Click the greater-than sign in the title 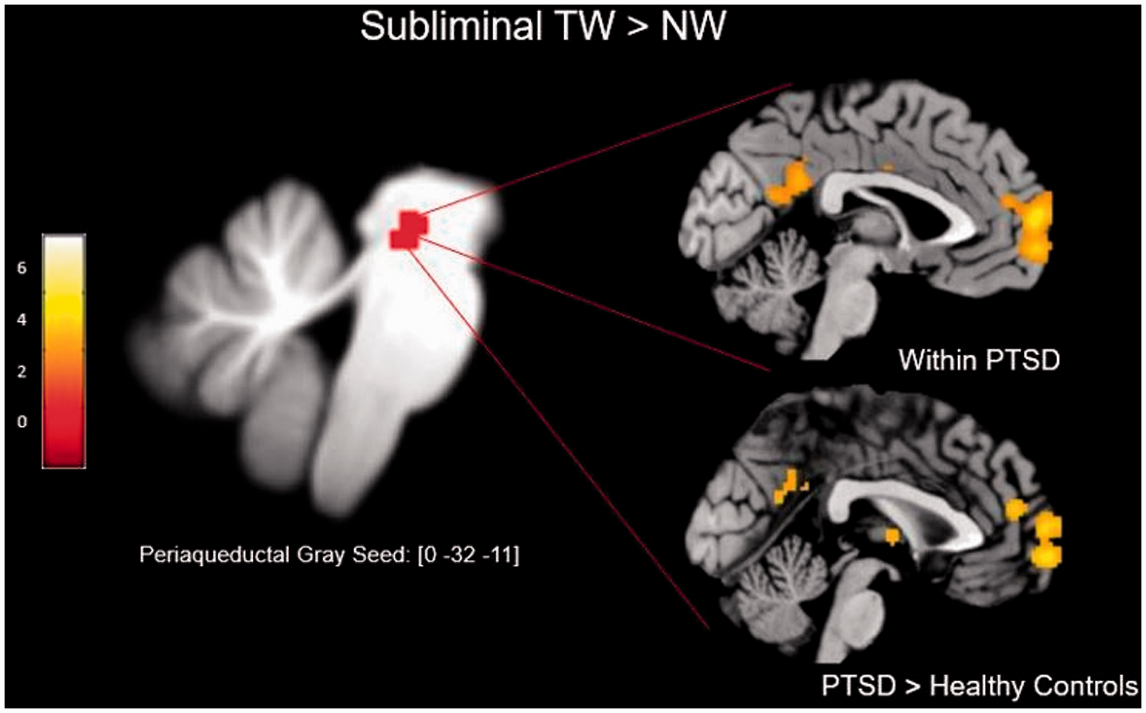pos(638,27)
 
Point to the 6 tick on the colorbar pos(22,268)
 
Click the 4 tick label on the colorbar pos(22,320)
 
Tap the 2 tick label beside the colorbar pos(22,372)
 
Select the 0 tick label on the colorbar pos(22,422)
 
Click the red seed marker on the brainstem pos(408,230)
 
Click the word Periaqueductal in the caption pos(215,555)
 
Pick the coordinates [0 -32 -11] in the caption pos(468,555)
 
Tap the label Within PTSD pos(979,360)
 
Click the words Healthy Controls pos(1034,685)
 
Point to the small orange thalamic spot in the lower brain pos(892,536)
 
